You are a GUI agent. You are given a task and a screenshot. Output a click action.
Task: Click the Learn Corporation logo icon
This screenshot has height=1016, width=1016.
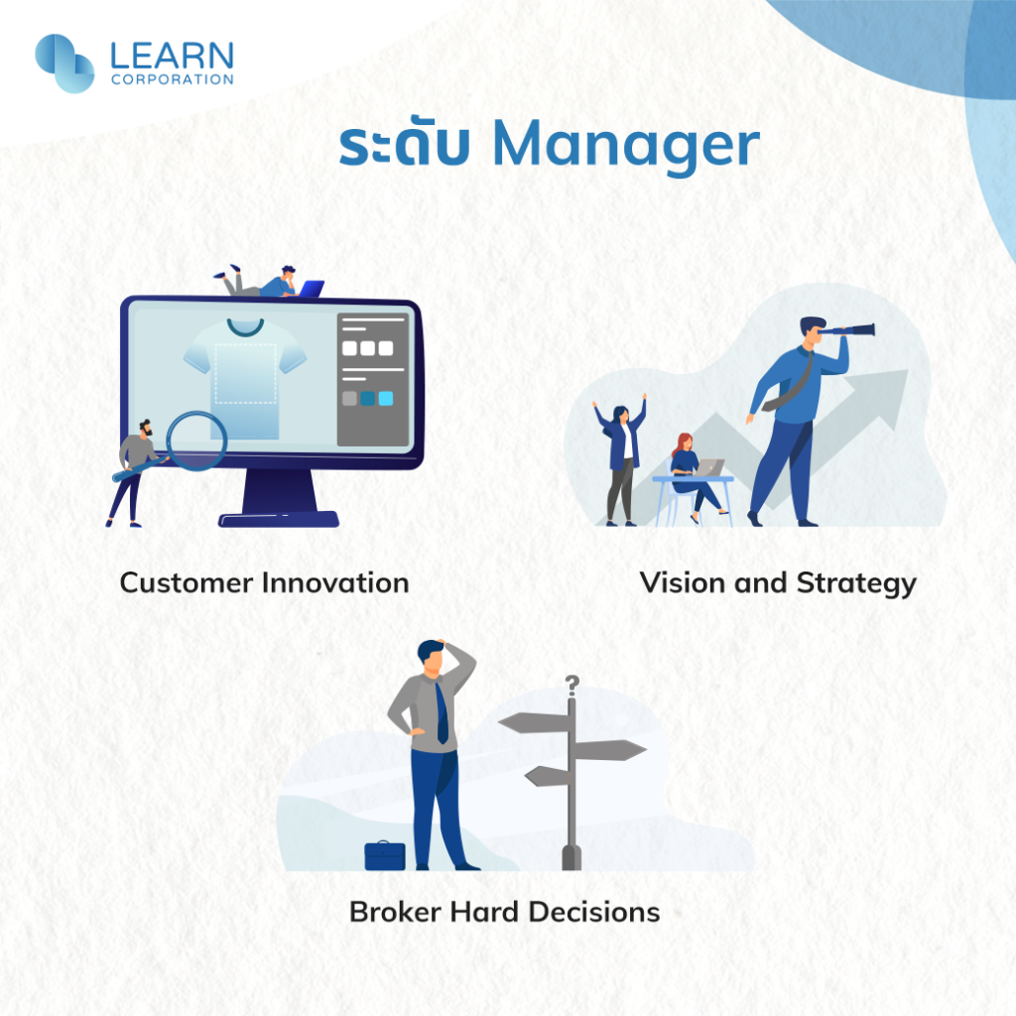click(x=64, y=63)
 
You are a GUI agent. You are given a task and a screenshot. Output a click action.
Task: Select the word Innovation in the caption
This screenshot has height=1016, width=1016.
click(x=335, y=582)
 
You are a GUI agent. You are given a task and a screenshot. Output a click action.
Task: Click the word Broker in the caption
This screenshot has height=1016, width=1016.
click(x=395, y=912)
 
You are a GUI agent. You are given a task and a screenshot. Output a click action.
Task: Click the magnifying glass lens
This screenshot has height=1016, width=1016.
click(x=196, y=441)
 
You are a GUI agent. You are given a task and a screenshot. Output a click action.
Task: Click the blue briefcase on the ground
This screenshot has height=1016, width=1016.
click(x=385, y=855)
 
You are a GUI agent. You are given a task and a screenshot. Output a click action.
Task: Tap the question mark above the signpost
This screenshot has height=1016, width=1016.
click(x=571, y=685)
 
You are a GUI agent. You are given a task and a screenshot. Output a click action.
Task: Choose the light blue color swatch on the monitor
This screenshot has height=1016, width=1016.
click(x=386, y=399)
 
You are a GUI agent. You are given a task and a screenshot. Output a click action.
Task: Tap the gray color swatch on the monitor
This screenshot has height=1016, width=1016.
click(x=349, y=399)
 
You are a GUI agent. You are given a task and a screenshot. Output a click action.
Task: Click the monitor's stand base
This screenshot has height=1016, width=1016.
click(x=279, y=519)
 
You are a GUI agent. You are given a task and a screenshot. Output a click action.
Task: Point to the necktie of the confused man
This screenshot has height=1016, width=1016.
click(x=442, y=713)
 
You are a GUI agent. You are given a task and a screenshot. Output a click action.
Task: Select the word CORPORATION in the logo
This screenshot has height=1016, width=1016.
click(x=173, y=79)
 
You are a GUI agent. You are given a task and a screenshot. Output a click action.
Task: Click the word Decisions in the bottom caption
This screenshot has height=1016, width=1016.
click(x=594, y=912)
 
